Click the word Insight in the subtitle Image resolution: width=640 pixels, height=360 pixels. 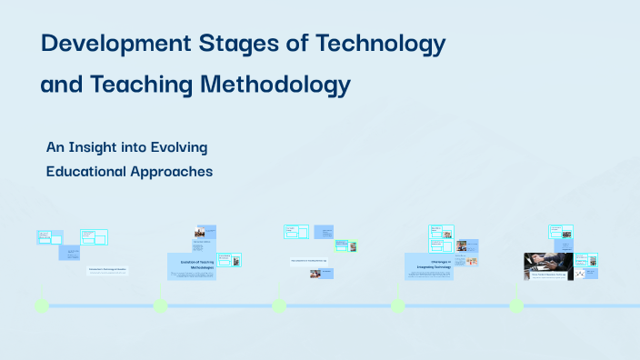[102, 146]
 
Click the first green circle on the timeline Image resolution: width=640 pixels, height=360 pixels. [41, 305]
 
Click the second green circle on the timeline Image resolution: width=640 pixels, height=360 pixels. [160, 305]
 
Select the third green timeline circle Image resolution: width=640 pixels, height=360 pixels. [279, 305]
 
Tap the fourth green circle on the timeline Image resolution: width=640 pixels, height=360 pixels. [397, 305]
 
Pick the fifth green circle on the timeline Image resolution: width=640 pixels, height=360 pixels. [516, 305]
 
